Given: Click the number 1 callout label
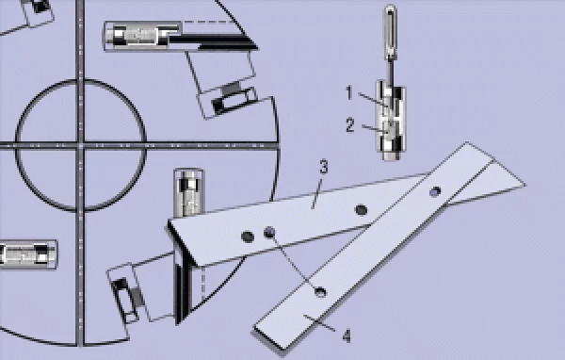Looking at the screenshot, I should (347, 92).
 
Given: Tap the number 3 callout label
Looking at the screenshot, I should (322, 168).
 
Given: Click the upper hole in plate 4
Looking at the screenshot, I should (434, 191).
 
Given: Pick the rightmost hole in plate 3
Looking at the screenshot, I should (361, 209).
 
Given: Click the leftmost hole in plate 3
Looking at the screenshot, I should (248, 235).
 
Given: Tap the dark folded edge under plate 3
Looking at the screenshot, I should (181, 273).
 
